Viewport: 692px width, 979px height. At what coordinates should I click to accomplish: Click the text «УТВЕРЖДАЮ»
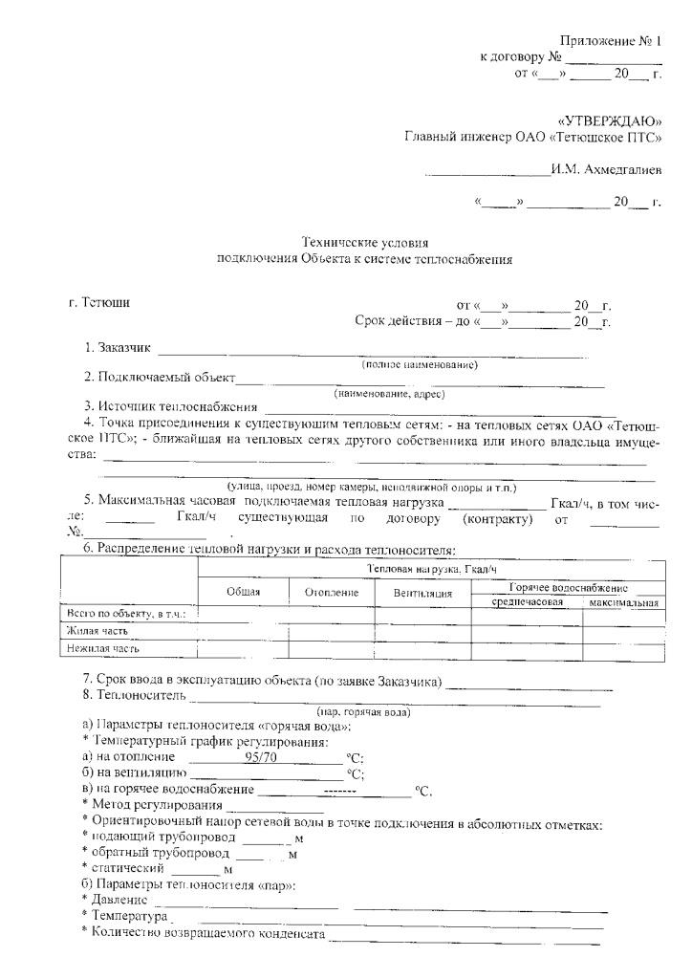609,121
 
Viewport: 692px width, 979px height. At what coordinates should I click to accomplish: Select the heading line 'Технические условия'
365,243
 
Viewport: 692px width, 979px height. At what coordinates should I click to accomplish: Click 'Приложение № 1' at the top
610,41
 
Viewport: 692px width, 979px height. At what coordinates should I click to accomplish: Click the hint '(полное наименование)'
420,364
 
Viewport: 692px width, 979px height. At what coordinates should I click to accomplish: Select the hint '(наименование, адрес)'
389,393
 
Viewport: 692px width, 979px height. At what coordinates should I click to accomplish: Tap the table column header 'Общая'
244,593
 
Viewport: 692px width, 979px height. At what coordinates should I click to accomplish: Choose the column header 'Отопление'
332,593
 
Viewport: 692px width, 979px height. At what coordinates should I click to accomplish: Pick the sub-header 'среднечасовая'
527,603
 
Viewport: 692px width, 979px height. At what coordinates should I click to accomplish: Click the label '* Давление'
115,901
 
